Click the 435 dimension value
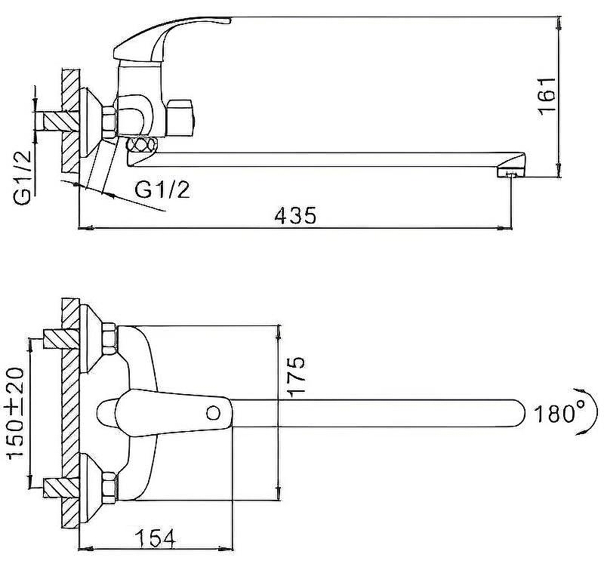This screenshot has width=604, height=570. (294, 216)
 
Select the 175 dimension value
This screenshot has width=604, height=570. (295, 375)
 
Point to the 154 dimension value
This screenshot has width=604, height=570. (156, 538)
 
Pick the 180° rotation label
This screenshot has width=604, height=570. (560, 414)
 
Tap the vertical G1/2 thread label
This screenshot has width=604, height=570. (23, 176)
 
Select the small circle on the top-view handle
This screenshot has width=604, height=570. (214, 413)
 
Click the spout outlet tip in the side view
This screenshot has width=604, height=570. (511, 174)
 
